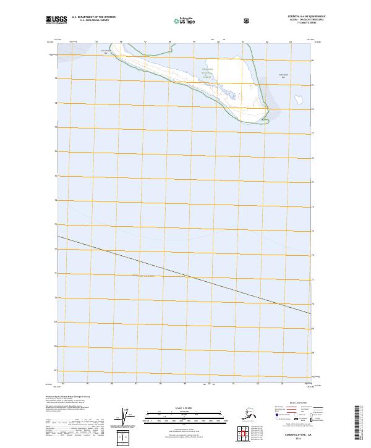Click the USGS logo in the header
[56, 20]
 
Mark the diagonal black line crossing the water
[185, 276]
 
